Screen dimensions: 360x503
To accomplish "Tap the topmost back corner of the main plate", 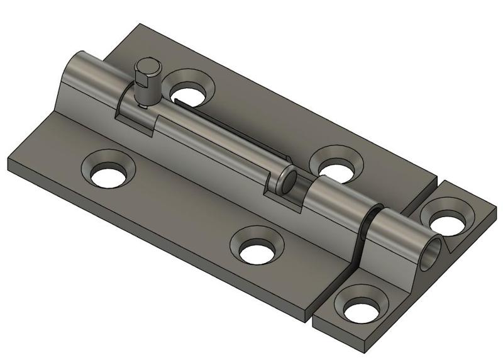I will point(140,25).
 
